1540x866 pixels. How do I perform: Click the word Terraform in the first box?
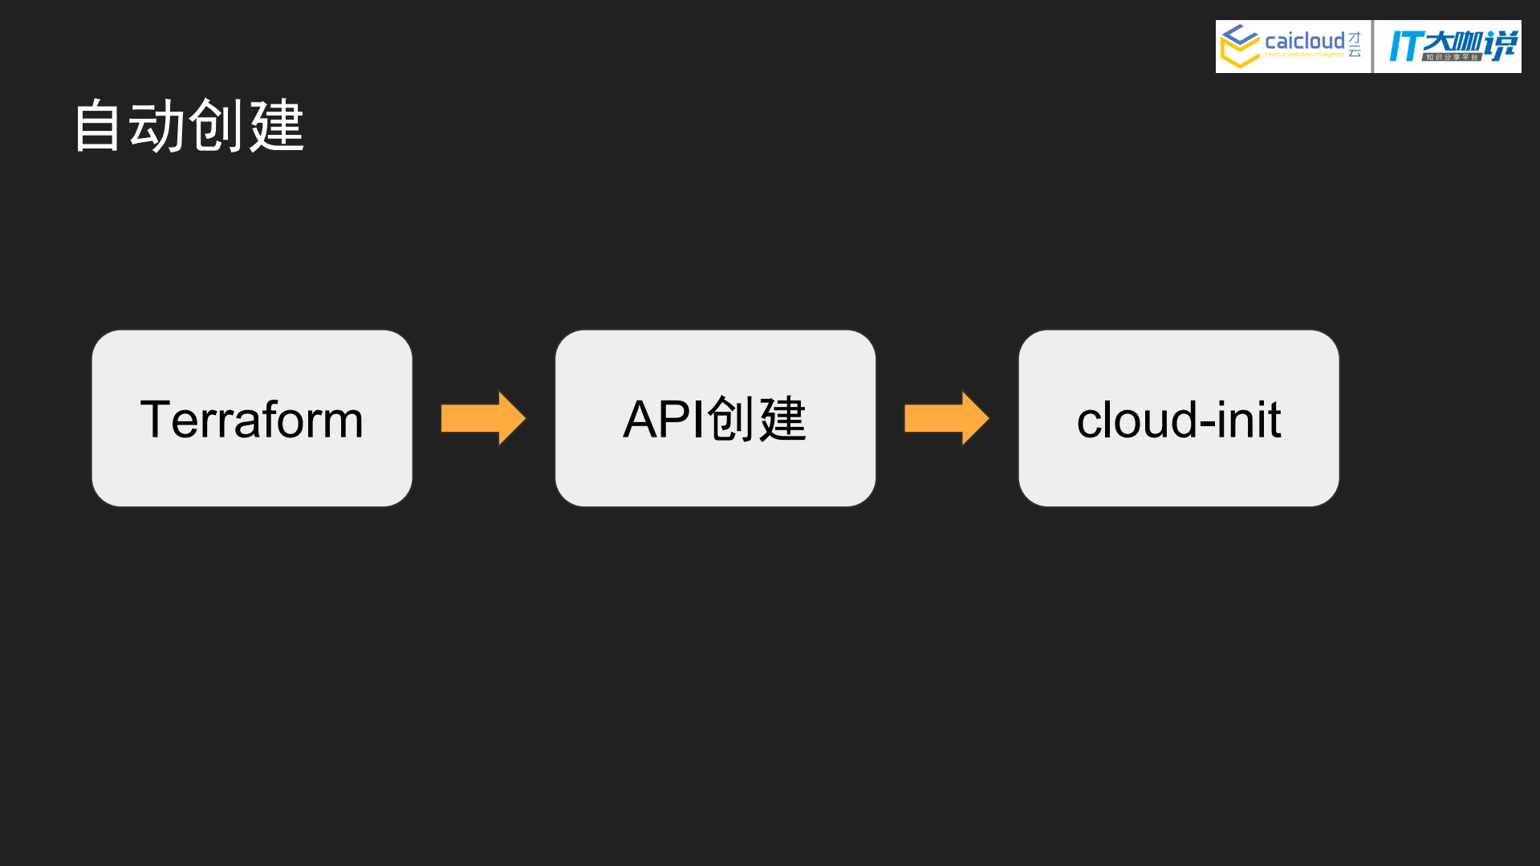[x=252, y=419]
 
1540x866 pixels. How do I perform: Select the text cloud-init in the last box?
[x=1178, y=419]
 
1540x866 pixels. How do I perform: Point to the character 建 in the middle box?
[x=782, y=419]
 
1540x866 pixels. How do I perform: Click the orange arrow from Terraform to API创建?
[x=482, y=418]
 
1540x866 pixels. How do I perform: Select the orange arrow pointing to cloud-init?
[x=946, y=418]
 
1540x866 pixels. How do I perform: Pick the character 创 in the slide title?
[x=217, y=126]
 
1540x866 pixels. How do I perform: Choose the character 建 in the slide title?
[x=277, y=126]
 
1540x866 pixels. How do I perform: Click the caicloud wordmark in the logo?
[x=1304, y=40]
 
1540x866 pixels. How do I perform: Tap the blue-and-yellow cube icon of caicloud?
[x=1239, y=46]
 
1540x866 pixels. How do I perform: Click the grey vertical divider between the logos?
[x=1373, y=47]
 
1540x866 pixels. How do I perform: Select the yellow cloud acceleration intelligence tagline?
[x=1304, y=55]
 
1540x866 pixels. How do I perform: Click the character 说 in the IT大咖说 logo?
[x=1501, y=44]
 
